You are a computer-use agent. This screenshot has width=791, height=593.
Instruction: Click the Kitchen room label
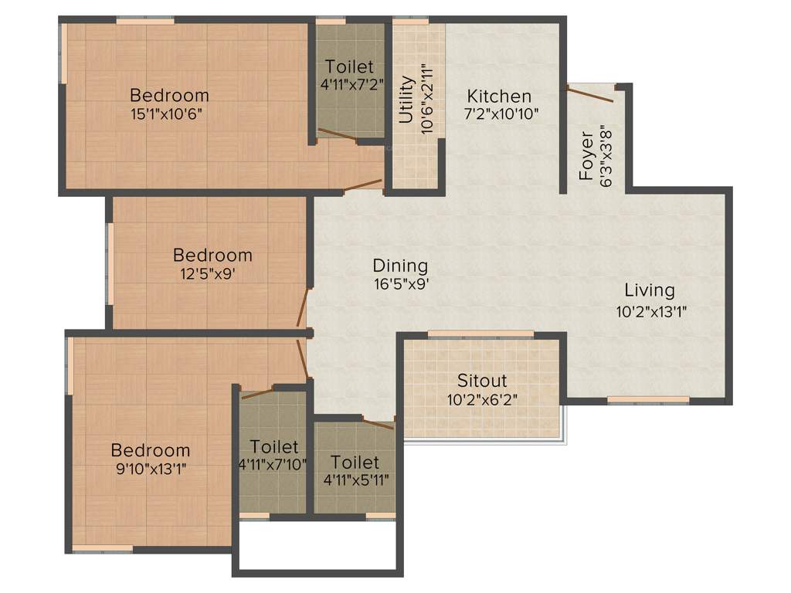499,97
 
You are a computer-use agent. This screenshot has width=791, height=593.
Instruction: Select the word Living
649,290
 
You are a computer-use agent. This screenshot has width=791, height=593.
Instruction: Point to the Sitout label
482,381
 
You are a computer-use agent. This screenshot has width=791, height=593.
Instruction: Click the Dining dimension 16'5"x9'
400,283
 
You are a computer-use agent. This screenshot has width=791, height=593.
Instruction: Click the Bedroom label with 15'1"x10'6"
169,96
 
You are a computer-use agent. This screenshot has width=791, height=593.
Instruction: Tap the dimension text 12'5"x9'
212,273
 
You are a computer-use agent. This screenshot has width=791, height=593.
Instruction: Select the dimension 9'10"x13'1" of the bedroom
150,468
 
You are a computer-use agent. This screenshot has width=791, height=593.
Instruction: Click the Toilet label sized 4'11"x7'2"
349,66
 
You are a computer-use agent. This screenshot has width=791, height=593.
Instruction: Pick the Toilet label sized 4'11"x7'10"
274,447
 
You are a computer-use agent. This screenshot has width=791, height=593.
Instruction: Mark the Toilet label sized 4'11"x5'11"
355,463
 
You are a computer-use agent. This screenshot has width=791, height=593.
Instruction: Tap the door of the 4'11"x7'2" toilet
337,135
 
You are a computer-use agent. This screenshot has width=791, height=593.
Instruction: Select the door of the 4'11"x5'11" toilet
379,423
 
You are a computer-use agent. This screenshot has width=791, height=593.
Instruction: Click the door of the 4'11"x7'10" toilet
257,393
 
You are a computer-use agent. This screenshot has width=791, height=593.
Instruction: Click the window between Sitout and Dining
480,334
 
